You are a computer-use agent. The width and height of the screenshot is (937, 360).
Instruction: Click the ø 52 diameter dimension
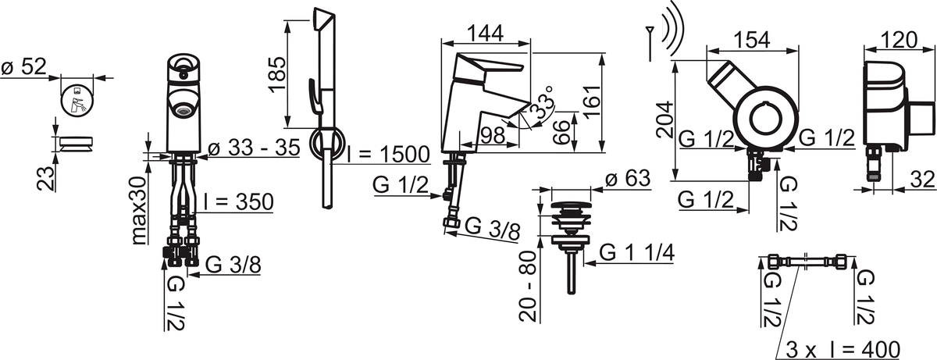24,68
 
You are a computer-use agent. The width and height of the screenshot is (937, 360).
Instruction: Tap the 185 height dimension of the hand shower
277,74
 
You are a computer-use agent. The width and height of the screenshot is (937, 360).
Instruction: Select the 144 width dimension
485,33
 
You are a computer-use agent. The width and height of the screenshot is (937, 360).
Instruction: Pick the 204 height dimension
664,119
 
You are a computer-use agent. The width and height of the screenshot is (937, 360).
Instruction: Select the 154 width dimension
752,40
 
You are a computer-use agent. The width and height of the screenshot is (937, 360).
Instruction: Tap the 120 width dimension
899,40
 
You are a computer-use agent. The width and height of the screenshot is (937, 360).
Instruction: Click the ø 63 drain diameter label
628,179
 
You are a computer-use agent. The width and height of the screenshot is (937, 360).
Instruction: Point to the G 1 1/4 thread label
636,252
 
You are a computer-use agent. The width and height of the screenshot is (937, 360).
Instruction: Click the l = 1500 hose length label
388,155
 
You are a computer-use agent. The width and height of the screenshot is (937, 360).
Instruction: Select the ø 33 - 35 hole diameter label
254,148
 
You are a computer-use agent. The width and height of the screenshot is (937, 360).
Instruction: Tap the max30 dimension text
140,210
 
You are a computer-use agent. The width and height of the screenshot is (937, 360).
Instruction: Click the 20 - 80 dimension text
527,286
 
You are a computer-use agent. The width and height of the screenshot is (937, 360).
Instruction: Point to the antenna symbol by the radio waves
650,44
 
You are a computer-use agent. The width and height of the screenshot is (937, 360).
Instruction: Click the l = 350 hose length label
238,201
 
